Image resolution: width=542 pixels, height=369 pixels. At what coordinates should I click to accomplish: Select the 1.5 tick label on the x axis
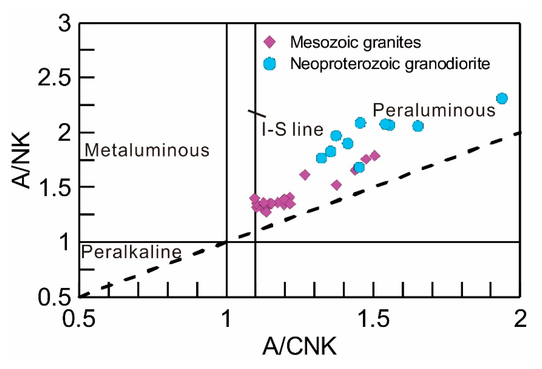374,319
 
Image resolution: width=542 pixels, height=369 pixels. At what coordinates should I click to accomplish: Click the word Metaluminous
147,150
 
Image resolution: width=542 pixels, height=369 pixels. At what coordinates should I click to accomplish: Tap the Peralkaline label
131,252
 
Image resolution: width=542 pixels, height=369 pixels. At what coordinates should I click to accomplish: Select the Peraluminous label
434,110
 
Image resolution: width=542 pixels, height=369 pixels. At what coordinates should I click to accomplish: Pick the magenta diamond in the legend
270,42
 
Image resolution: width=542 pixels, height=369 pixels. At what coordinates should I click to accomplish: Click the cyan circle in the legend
270,63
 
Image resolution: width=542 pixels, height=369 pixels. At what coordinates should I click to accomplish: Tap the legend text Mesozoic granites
355,42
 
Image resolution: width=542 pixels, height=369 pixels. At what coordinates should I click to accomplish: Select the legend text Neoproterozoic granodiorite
390,63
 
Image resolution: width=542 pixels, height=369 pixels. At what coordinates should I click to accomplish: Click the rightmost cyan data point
502,98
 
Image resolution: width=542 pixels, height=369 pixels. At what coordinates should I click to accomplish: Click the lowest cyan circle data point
359,167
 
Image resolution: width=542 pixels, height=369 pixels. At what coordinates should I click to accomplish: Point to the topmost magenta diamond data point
375,155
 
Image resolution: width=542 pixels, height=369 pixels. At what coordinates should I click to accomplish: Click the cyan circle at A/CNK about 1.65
418,126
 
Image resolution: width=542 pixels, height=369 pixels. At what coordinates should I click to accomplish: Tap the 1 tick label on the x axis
226,319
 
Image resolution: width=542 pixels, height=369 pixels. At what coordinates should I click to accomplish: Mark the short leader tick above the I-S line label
257,113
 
